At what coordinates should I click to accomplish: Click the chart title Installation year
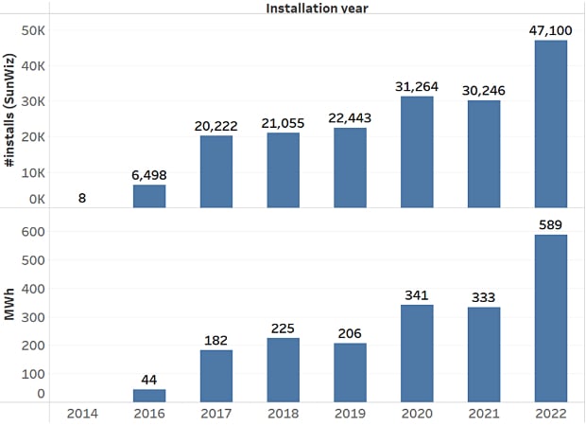point(316,9)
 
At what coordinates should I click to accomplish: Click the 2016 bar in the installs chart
point(149,196)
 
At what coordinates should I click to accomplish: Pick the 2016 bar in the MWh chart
point(149,396)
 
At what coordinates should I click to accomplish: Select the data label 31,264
point(416,86)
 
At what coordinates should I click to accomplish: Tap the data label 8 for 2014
point(83,199)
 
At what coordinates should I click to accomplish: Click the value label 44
point(149,378)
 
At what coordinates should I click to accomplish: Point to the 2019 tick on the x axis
point(350,414)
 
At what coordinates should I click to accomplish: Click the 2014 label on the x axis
point(83,414)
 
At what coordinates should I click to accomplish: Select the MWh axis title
point(10,311)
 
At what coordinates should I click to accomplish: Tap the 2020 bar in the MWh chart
point(416,353)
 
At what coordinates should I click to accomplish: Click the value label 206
point(350,334)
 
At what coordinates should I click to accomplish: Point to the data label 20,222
point(216,125)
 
